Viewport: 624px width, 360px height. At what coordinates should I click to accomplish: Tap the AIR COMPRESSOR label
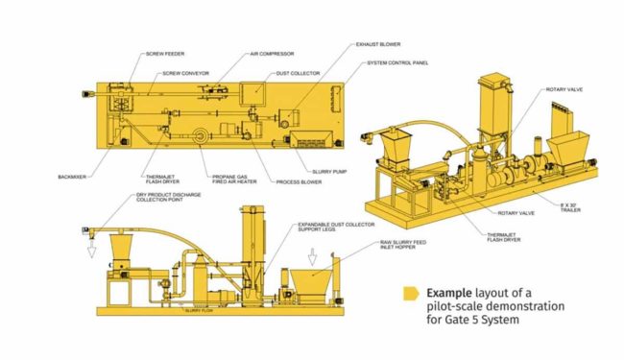coord(272,54)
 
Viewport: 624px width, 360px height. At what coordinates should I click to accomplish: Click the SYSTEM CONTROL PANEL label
coord(397,63)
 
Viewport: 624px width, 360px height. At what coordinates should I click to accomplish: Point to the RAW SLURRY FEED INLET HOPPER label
coord(401,246)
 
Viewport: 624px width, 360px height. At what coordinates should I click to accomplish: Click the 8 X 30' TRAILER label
coord(572,205)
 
